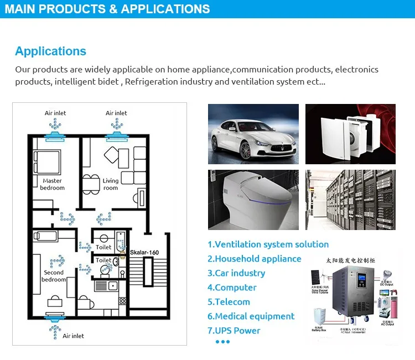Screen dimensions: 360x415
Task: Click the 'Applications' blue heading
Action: click(x=50, y=51)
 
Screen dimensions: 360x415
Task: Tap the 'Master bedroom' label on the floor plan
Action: click(x=52, y=184)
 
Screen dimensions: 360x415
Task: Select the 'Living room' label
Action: click(x=111, y=184)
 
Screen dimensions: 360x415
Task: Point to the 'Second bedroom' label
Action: click(x=54, y=276)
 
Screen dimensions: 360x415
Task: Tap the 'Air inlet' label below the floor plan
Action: click(x=73, y=336)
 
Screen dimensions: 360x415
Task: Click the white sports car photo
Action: click(x=253, y=134)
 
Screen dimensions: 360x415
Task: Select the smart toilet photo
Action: click(x=253, y=199)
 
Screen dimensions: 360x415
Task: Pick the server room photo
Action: click(x=350, y=199)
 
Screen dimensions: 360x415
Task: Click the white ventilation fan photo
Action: click(x=350, y=134)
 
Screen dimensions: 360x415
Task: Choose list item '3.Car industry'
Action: click(x=236, y=273)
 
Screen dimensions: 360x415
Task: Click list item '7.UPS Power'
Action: click(x=234, y=331)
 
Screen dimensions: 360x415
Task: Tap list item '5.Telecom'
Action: click(x=229, y=302)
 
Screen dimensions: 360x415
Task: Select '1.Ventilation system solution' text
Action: click(x=268, y=244)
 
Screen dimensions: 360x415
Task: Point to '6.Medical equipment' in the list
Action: click(x=251, y=316)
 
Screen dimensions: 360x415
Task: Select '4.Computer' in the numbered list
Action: click(x=232, y=288)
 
